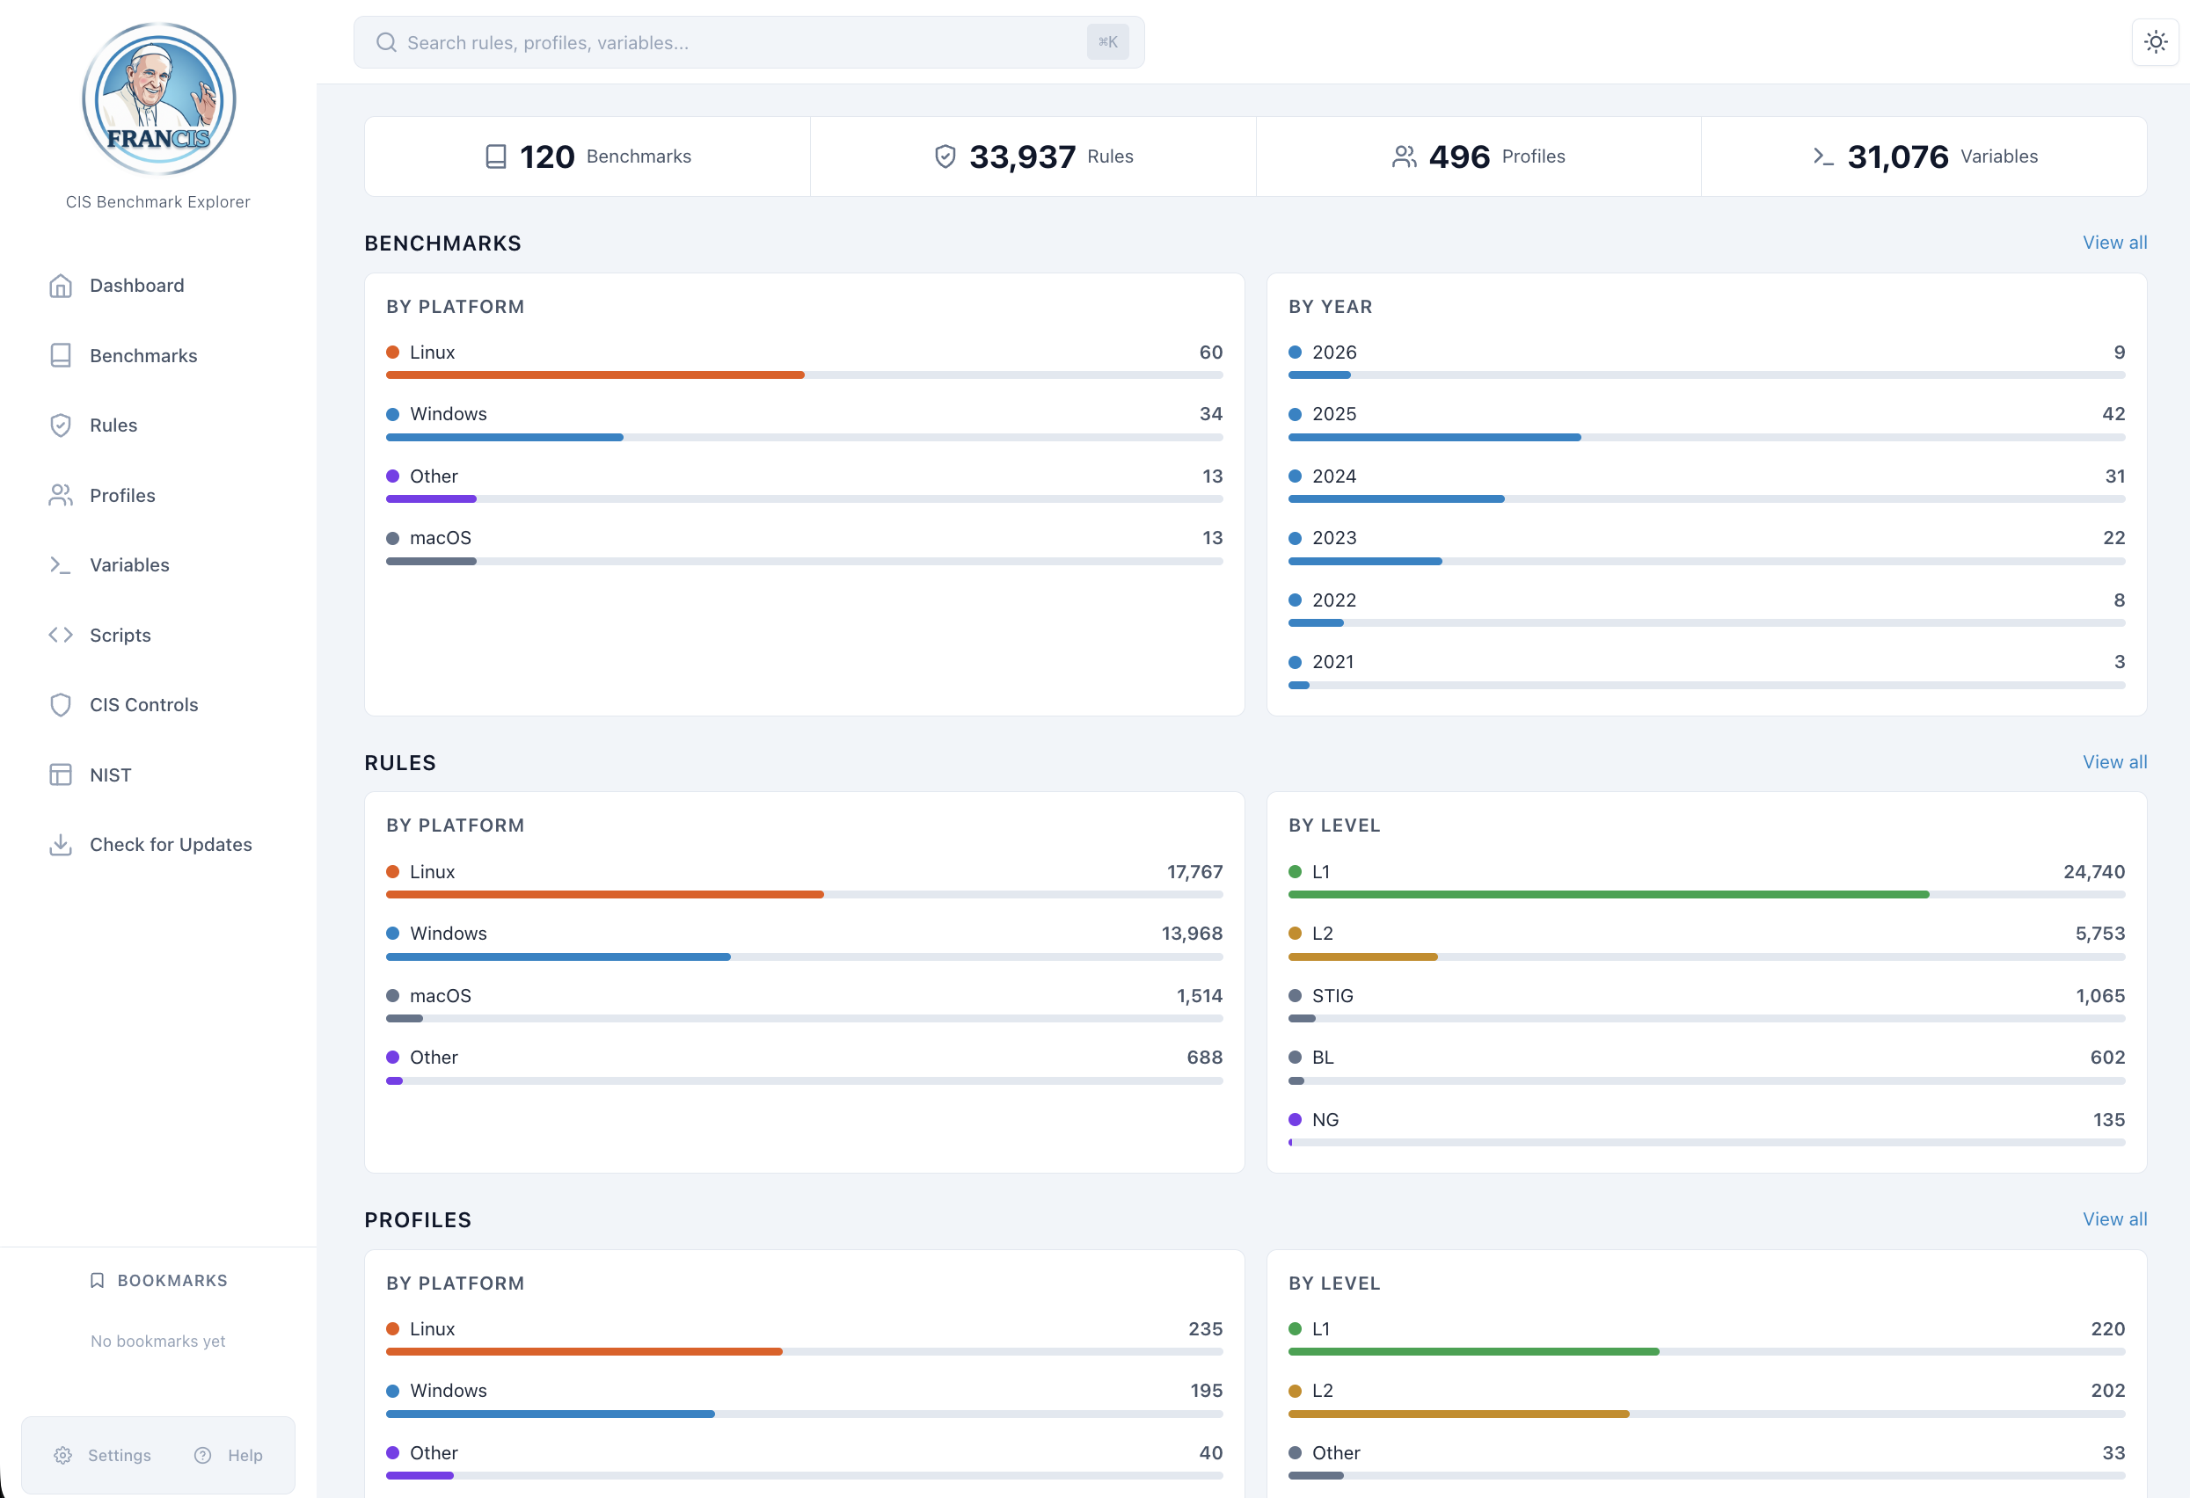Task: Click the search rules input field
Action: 735,42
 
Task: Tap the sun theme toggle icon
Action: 2155,42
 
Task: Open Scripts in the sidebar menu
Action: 120,635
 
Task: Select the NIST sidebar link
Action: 109,774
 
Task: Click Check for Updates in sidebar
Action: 170,844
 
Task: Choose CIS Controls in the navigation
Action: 143,705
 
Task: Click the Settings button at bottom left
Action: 103,1455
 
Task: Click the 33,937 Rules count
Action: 1021,156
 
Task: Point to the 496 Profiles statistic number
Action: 1459,156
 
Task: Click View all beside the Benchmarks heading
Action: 2113,242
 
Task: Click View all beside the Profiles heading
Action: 2113,1219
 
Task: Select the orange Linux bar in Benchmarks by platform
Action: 595,375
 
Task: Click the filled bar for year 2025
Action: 1434,437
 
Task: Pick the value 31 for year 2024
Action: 2113,476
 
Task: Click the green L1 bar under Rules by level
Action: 1608,894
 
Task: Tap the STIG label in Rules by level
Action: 1332,996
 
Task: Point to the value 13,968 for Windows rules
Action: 1191,933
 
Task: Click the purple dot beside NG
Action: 1295,1119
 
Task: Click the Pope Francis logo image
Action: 158,99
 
